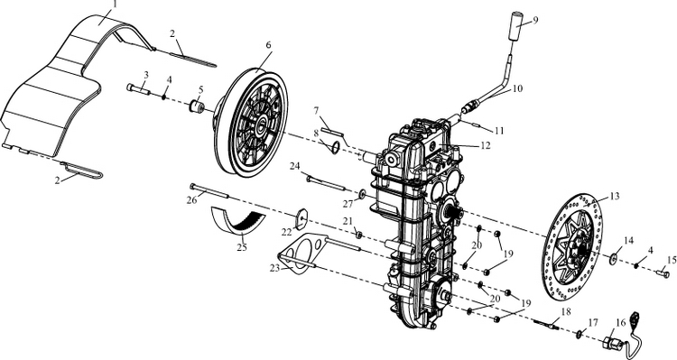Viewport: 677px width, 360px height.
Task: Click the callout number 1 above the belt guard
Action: pos(115,5)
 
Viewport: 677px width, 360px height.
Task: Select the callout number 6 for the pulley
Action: pos(268,44)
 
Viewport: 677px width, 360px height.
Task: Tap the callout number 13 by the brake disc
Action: pos(615,197)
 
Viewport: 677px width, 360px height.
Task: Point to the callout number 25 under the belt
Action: pos(242,248)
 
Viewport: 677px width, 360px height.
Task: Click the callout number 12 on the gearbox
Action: pos(486,145)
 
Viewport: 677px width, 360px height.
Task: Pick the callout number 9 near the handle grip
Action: pos(535,20)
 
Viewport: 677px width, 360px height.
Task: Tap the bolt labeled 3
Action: pos(138,89)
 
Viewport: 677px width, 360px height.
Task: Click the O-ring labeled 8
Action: pos(335,148)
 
